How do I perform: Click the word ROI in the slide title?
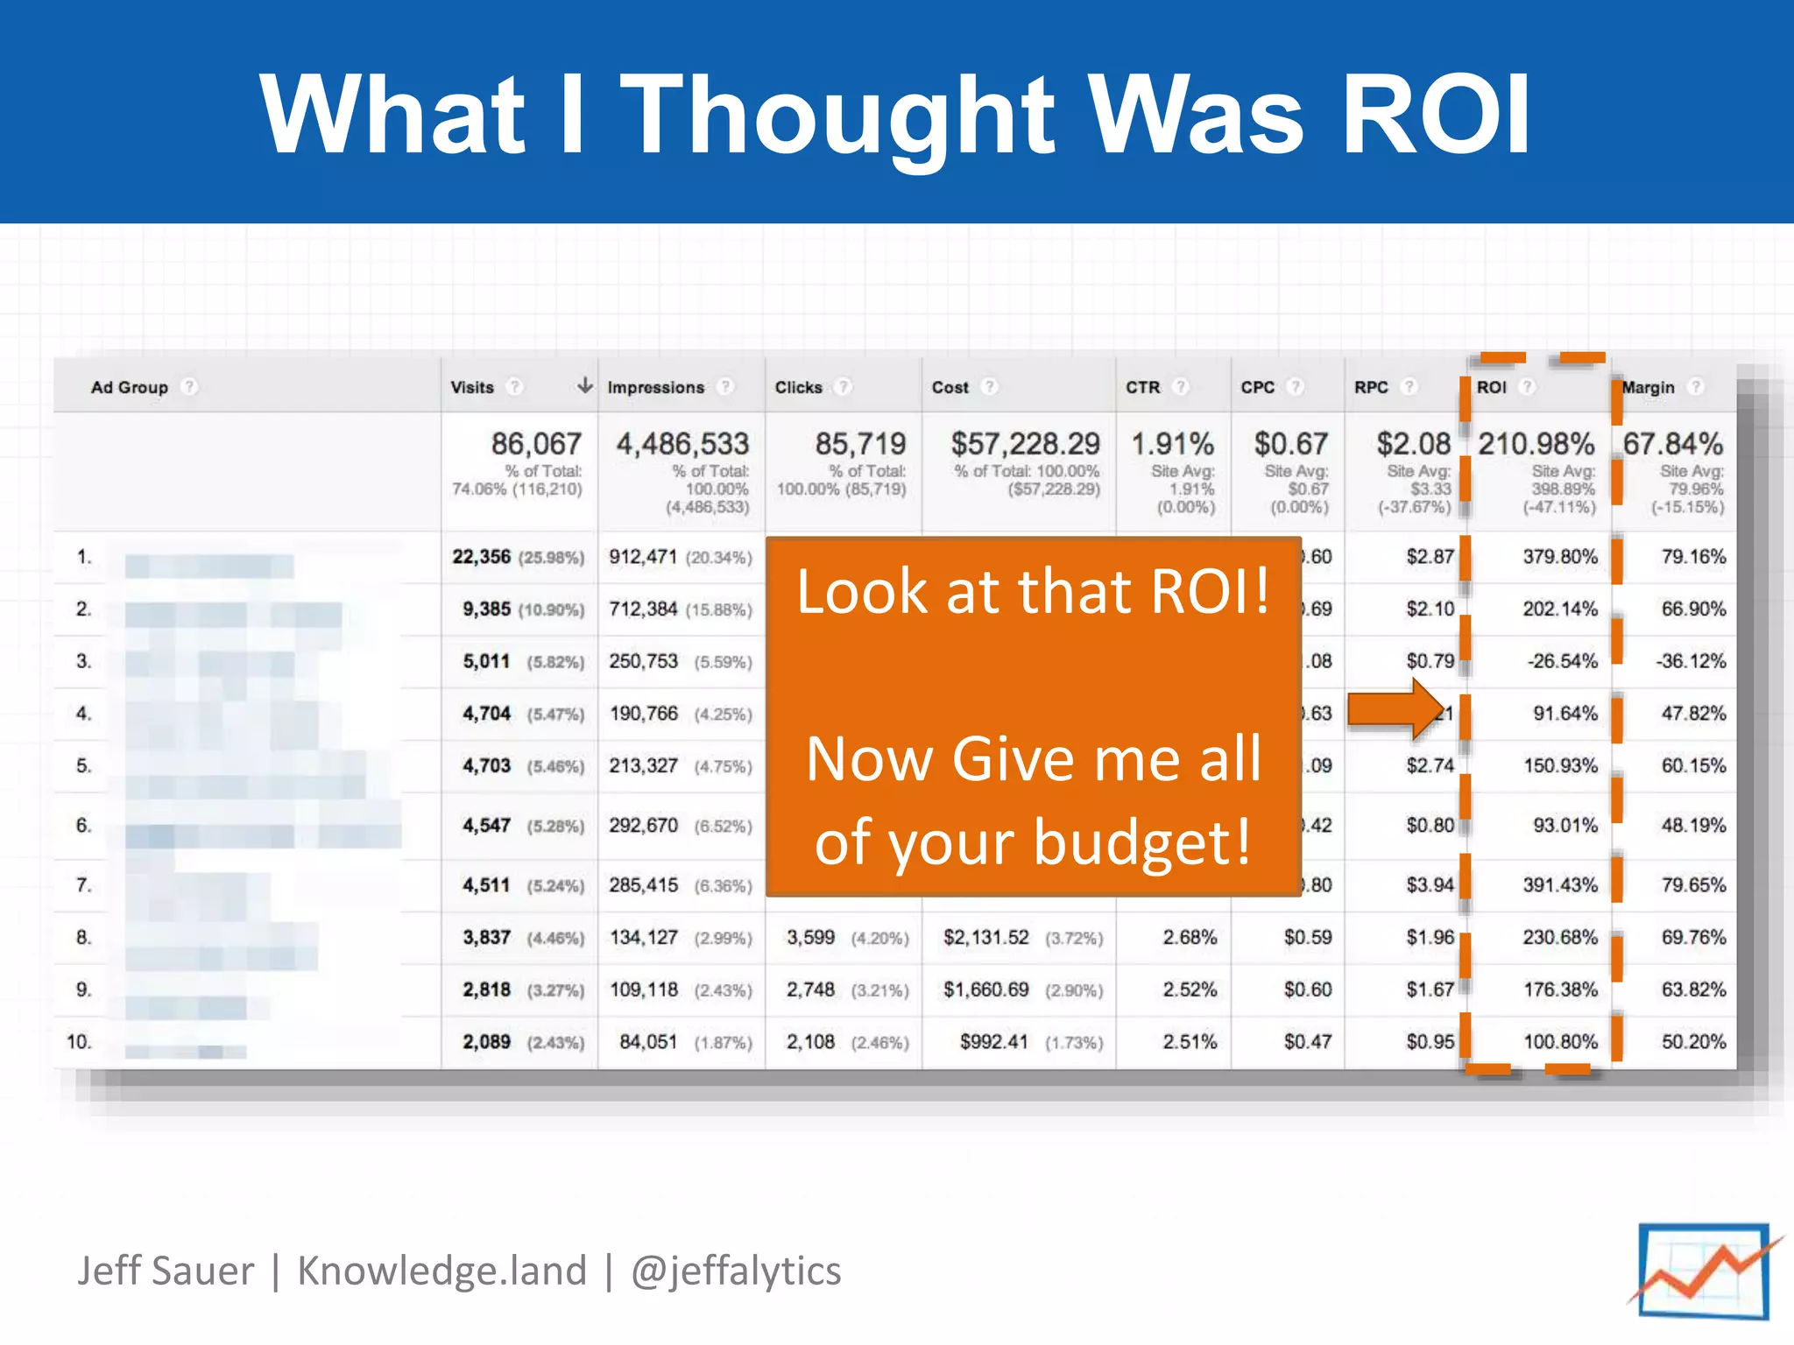[1437, 114]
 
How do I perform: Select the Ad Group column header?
[129, 387]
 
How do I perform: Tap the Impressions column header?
[655, 387]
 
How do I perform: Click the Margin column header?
[1648, 387]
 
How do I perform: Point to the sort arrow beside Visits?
[584, 385]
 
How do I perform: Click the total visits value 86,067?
[536, 444]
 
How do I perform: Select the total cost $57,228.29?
[1025, 444]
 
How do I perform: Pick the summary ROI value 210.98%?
[1536, 444]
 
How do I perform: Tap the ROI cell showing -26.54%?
[1562, 661]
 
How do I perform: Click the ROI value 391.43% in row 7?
[1560, 885]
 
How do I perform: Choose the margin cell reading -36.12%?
[1690, 661]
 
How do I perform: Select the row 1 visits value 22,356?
[481, 557]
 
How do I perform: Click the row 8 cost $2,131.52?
[985, 938]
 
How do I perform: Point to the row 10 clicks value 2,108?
[810, 1042]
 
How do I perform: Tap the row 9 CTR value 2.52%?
[1190, 989]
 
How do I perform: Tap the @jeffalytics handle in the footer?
[736, 1271]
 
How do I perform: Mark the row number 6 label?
[83, 826]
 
